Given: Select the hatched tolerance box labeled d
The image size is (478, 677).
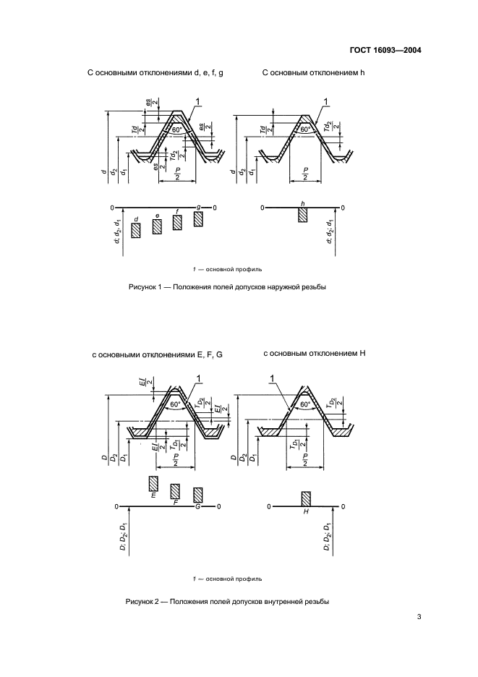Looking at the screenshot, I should [x=135, y=231].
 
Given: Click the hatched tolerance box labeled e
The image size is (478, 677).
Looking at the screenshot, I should [x=157, y=226].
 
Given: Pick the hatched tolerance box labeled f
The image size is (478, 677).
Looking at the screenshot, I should [x=177, y=222].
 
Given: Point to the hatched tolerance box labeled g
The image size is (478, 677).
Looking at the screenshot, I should [x=199, y=218].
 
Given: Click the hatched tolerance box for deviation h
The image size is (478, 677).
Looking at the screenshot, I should [x=302, y=214].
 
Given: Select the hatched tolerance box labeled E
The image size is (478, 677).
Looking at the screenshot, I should [x=153, y=484].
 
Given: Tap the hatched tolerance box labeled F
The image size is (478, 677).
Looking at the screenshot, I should [x=174, y=491].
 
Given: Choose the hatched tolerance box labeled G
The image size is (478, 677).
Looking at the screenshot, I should [x=197, y=495].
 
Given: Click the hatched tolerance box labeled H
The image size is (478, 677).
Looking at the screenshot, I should [x=306, y=499].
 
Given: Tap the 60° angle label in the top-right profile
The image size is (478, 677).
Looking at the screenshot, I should [x=306, y=129].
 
